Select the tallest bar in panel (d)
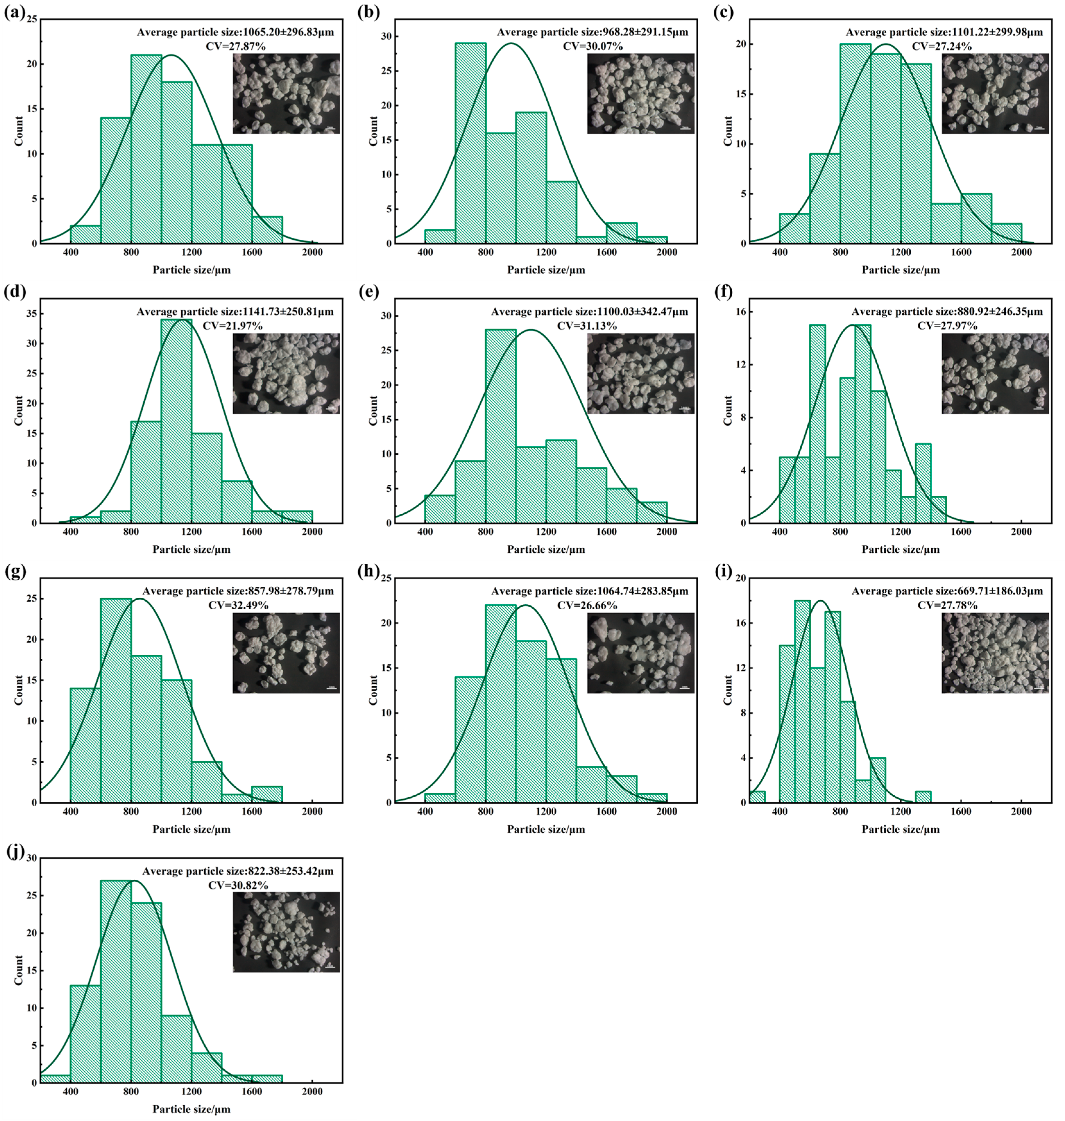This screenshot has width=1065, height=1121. pos(176,420)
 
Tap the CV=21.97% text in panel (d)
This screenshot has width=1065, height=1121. pos(235,325)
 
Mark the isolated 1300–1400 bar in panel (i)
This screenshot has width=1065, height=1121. pos(923,797)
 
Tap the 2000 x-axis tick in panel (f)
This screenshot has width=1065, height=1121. pos(1021,532)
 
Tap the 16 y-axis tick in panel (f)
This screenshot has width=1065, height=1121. pos(741,312)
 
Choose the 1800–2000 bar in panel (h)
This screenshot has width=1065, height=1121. pos(652,798)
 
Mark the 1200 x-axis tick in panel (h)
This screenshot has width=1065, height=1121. pos(546,811)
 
